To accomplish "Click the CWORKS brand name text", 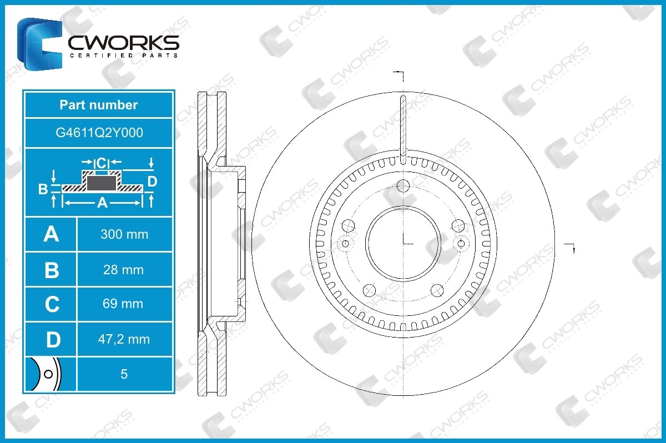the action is click(123, 43).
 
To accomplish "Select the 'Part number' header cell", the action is click(99, 105).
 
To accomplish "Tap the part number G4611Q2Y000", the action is click(99, 133).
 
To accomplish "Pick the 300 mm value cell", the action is click(124, 234).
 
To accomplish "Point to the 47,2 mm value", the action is click(124, 339).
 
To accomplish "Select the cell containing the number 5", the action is click(124, 374).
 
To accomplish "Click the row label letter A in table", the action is click(51, 234).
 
